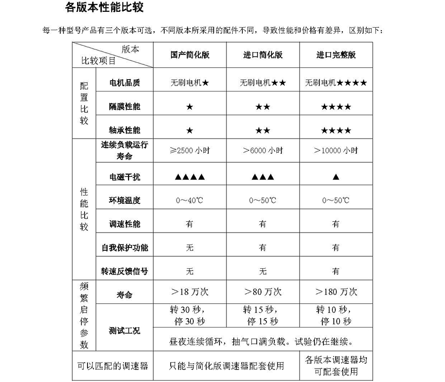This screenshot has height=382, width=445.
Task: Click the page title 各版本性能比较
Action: [104, 9]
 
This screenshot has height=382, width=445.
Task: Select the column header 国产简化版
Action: [189, 55]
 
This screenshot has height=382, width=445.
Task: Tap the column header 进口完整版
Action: [336, 55]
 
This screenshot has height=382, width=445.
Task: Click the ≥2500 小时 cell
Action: [189, 150]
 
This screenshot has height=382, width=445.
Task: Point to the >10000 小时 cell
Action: [336, 150]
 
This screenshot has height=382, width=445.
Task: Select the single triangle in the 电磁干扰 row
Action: [336, 177]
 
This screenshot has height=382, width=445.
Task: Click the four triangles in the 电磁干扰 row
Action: [189, 177]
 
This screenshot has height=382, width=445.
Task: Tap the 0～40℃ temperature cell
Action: [189, 200]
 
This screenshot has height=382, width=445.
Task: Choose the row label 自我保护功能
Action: [125, 247]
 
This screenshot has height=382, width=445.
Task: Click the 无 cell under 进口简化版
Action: [263, 271]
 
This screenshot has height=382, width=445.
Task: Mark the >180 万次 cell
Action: [336, 292]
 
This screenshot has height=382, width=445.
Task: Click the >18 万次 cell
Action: [189, 292]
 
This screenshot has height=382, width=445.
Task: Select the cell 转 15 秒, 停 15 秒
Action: [263, 316]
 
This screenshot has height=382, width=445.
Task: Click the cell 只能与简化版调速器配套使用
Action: [226, 366]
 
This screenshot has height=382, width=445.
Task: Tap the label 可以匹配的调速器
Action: [113, 366]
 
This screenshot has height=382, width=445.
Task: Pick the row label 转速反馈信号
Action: [125, 271]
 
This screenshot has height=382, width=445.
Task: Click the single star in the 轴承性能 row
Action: [189, 131]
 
